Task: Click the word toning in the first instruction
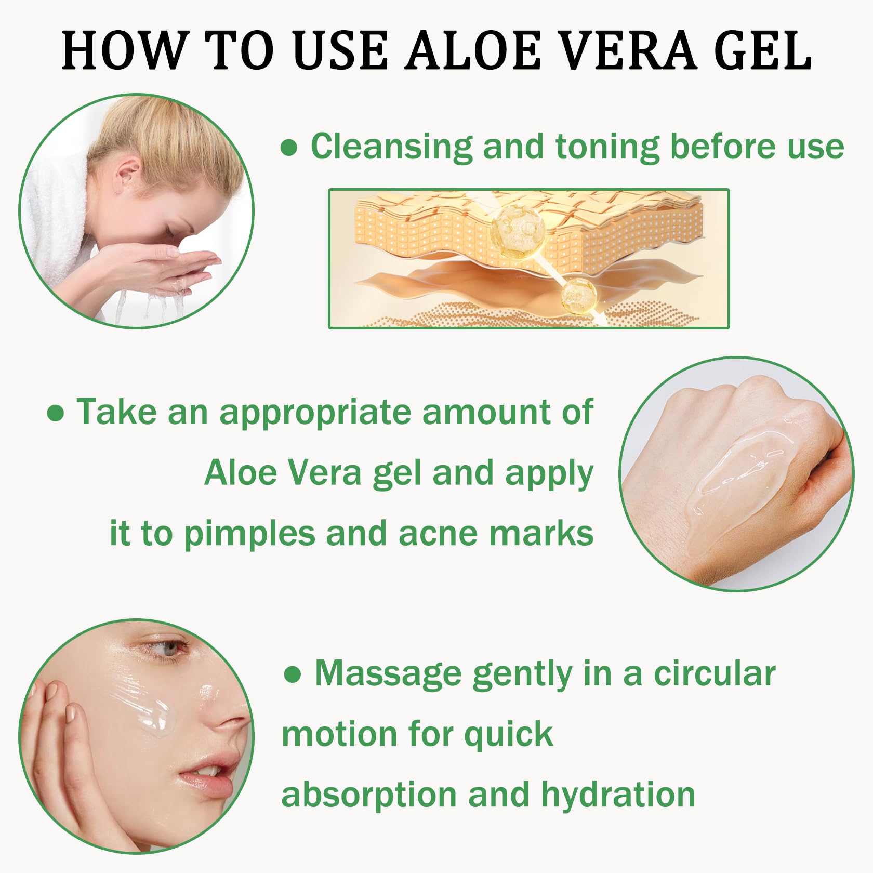click(x=607, y=147)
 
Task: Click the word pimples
click(x=249, y=534)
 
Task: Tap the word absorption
click(x=369, y=796)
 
